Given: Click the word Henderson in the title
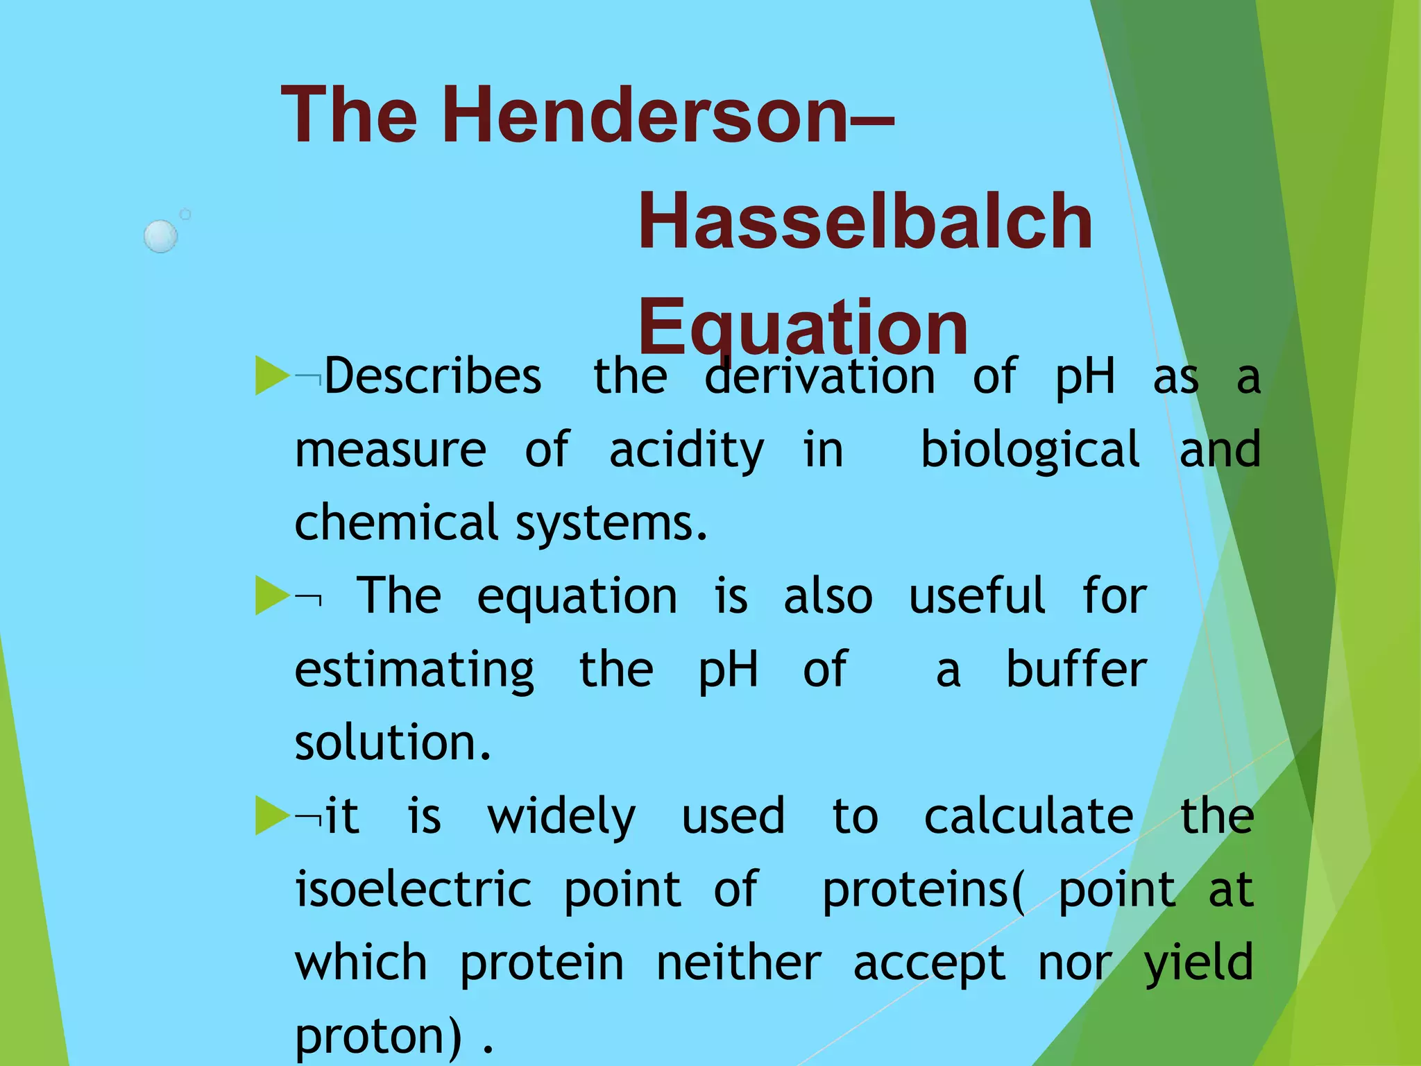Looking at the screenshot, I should (652, 115).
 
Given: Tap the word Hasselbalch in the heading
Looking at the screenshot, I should (865, 221).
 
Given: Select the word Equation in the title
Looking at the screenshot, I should (803, 326).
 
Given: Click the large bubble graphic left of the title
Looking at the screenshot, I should (161, 236).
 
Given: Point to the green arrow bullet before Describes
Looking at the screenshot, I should (271, 375).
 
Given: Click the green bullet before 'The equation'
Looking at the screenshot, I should (271, 595).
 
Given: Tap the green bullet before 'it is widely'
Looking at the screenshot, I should (271, 815).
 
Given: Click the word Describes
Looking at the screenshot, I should (432, 377).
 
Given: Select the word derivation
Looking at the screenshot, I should (819, 377).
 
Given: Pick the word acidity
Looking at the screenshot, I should (686, 451).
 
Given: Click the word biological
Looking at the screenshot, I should (1030, 451).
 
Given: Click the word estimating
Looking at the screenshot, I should (414, 670).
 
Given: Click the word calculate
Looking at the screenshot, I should (1028, 816).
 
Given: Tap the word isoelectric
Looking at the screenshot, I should (414, 889).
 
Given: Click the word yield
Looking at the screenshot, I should (1198, 964).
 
